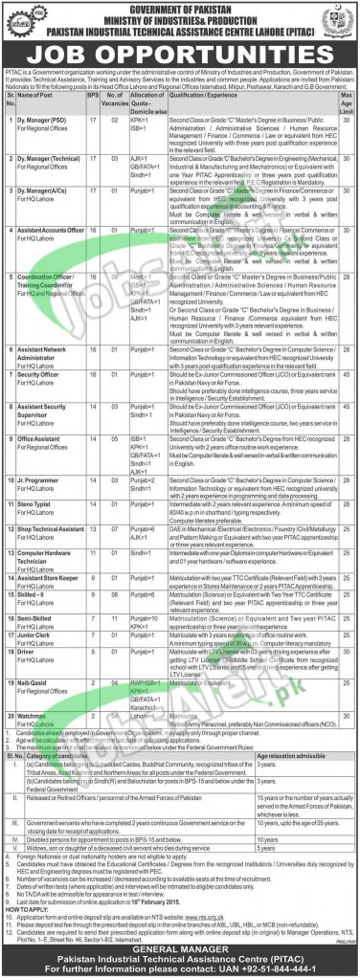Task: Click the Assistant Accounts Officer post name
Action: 57,259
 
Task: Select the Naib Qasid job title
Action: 39,683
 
